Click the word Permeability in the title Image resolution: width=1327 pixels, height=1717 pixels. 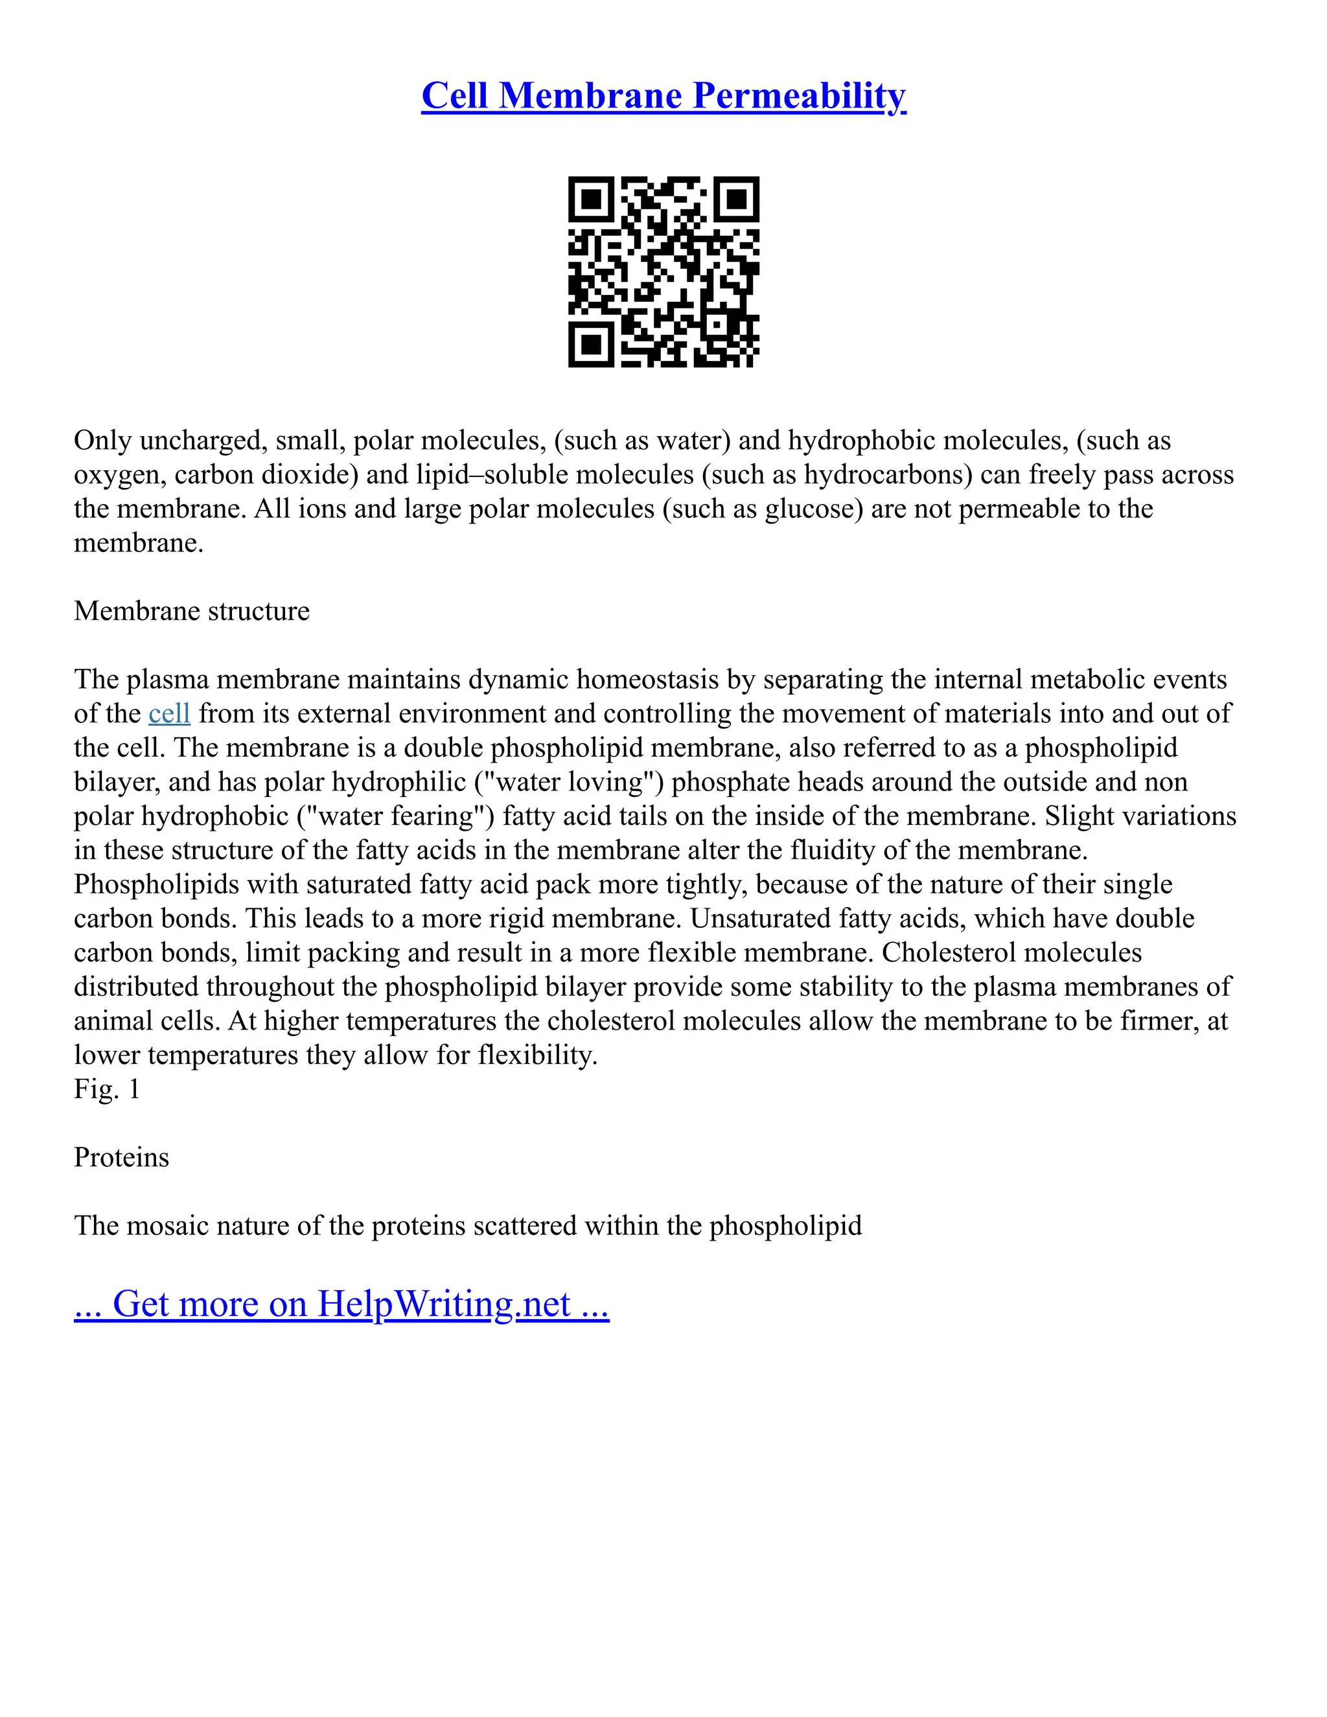800,96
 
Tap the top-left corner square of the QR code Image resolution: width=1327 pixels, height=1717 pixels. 591,199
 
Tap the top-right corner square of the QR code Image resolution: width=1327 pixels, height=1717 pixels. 736,199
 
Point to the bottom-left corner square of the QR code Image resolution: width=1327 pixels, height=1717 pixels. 591,344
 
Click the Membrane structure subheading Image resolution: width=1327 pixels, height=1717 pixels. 192,611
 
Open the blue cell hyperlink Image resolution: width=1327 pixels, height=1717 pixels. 169,714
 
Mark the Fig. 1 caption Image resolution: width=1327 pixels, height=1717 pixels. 107,1090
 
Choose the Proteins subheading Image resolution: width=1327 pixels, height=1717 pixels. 121,1157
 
